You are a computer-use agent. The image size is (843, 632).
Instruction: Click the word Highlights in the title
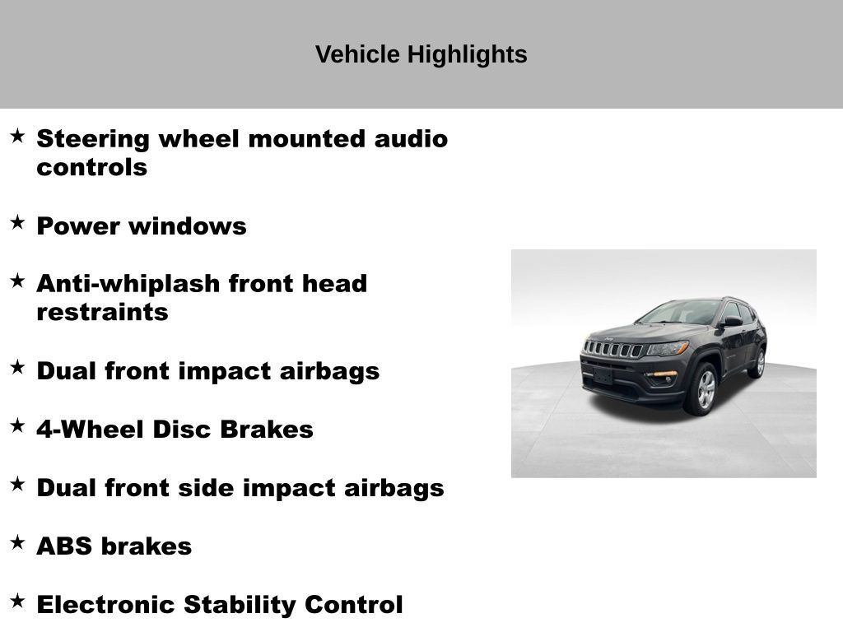click(x=468, y=55)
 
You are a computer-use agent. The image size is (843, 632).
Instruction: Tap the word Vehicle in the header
click(x=357, y=54)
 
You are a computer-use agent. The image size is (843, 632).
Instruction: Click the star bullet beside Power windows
click(x=17, y=222)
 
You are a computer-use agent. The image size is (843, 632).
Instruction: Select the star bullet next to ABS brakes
click(x=17, y=542)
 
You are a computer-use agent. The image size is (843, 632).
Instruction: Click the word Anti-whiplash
click(x=128, y=283)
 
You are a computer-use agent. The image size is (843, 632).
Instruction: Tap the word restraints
click(x=102, y=312)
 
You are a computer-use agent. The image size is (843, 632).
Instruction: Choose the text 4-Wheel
click(x=91, y=429)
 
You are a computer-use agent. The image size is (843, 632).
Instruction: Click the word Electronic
click(x=105, y=604)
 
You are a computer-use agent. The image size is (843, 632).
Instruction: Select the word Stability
click(x=240, y=605)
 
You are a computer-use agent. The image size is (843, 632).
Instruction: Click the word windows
click(x=188, y=225)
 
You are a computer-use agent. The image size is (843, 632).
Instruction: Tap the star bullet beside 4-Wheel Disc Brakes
click(x=17, y=425)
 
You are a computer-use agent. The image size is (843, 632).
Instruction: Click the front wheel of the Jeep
click(x=704, y=389)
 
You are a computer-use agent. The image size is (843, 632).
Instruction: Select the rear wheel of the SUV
click(x=759, y=363)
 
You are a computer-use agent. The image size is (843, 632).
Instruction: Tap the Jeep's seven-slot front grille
click(x=613, y=349)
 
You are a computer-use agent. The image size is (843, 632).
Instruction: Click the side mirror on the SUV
click(x=731, y=322)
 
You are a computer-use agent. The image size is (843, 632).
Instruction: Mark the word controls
click(x=92, y=167)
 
